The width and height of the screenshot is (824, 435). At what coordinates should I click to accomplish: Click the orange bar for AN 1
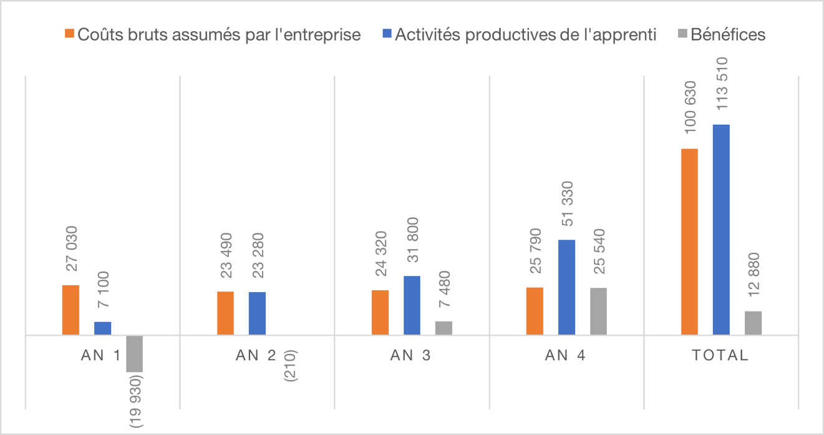coord(70,310)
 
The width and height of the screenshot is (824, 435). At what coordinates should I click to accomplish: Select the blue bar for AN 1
coord(102,328)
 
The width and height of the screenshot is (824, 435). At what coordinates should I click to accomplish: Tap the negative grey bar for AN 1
coord(134,353)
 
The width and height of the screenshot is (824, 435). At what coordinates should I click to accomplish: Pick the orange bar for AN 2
coord(225,313)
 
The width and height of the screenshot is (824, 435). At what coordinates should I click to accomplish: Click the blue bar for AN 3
coord(412,305)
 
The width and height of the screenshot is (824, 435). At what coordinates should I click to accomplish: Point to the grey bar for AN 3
coord(444,328)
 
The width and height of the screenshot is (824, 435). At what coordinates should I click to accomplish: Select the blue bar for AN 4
coord(566,287)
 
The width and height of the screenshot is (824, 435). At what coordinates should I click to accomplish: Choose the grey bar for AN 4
coord(598,311)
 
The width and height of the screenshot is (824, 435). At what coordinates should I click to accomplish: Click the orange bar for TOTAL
coord(689,242)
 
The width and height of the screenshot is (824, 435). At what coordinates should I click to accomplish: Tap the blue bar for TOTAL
coord(721,230)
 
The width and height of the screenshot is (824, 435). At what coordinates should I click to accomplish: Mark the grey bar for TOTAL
coord(753,323)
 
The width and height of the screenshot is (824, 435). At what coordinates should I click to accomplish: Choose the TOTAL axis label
coord(720,356)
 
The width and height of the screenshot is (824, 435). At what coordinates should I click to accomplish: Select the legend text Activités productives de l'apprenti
coord(525,34)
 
